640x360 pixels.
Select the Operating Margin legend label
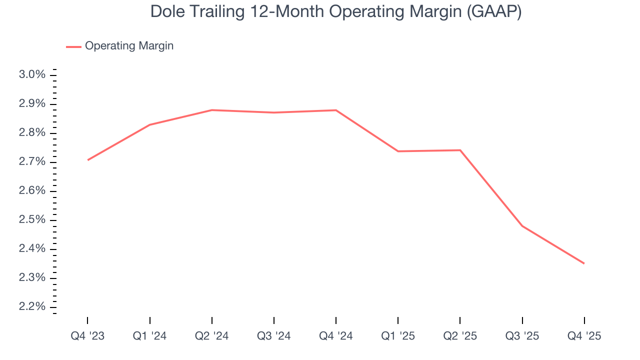tap(129, 46)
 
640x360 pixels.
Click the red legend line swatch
tap(73, 46)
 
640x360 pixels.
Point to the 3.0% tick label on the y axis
tap(32, 75)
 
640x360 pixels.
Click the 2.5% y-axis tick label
tap(32, 220)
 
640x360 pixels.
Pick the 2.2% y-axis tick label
tap(32, 307)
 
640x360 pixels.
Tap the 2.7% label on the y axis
tap(32, 162)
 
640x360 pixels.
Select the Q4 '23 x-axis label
tap(87, 336)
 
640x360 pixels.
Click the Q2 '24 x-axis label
tap(212, 336)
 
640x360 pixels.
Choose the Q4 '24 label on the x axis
tap(336, 336)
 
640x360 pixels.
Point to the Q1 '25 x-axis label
tap(398, 336)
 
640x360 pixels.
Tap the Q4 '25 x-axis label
tap(584, 336)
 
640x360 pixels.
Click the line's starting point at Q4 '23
tap(88, 160)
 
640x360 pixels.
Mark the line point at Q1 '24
tap(150, 124)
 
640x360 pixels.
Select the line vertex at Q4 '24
tap(336, 110)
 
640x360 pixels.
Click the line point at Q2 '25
tap(460, 150)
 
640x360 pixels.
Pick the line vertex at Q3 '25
tap(522, 226)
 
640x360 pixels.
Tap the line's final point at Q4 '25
tap(584, 263)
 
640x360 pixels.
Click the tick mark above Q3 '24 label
tap(274, 320)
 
